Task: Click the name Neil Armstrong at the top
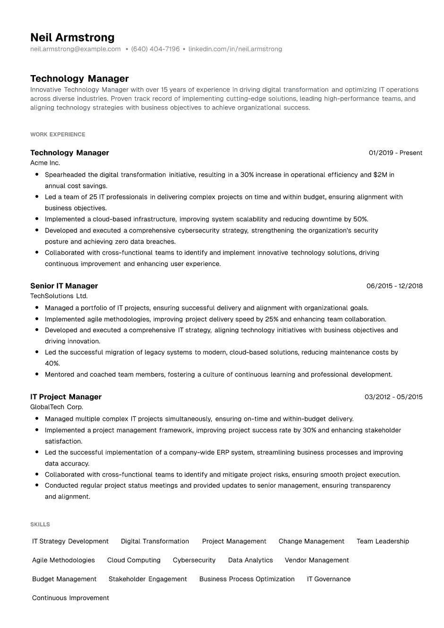(72, 37)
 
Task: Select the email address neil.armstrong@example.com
(76, 49)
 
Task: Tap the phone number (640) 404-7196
(155, 49)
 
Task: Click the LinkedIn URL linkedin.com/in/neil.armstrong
(235, 49)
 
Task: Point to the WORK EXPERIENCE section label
(58, 135)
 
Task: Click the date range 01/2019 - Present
(395, 153)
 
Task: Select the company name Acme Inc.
(45, 163)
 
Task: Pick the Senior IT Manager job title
(64, 286)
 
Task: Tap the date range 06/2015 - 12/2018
(394, 286)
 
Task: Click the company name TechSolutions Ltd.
(59, 296)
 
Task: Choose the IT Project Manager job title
(66, 397)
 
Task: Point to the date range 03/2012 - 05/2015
(393, 397)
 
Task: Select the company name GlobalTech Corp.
(57, 407)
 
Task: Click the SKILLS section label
(40, 525)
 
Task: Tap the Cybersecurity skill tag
(194, 560)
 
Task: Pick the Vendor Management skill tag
(317, 560)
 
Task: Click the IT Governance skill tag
(329, 579)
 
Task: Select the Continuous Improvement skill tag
(70, 598)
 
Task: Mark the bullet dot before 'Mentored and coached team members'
(37, 374)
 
